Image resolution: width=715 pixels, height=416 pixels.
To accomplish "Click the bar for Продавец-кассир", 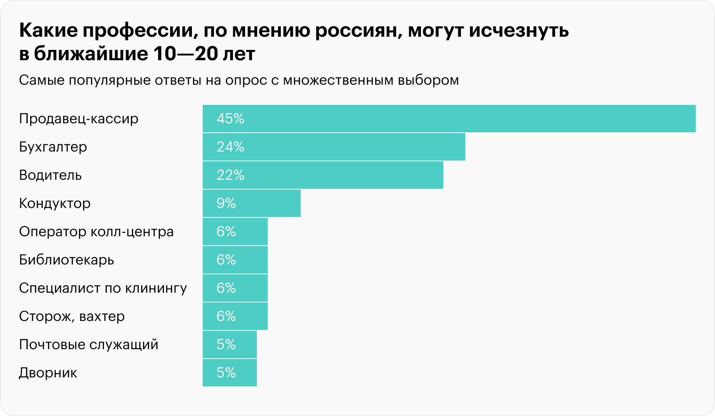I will pos(449,119).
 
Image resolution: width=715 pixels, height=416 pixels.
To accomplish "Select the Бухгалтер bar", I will pos(334,147).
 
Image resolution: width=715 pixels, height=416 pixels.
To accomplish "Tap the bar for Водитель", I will pos(323,175).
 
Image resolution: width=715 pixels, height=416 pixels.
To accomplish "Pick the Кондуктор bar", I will pos(252,203).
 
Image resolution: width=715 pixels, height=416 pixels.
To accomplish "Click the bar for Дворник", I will pos(230,373).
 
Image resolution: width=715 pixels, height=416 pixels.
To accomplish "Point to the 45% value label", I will pos(230,119).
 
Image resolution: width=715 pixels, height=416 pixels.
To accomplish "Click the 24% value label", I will pos(230,147).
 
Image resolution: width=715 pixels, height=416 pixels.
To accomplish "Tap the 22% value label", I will pos(230,175).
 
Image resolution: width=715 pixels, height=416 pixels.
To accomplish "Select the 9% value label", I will pos(226,203).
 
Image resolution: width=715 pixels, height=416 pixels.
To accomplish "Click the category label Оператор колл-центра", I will pos(96,232).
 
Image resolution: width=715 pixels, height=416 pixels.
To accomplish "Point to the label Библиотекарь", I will pos(66,260).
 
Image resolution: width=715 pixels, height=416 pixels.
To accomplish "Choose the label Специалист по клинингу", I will pos(103,288).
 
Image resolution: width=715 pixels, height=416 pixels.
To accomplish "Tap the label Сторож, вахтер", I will pos(72,316).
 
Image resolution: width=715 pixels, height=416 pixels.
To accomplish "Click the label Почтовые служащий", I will pos(88,344).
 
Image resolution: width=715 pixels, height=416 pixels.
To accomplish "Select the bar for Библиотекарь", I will pos(235,260).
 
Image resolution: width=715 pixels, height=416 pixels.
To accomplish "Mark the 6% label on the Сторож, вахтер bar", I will pos(226,316).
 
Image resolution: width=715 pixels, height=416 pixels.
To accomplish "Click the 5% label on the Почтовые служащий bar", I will pos(226,344).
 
